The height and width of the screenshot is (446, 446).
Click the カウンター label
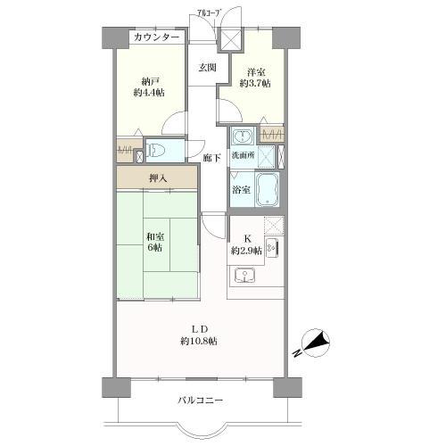[x=157, y=37]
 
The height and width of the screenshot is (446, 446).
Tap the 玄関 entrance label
[x=207, y=68]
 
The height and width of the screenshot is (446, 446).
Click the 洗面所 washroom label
[x=243, y=155]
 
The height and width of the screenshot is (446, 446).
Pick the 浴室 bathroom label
[x=241, y=189]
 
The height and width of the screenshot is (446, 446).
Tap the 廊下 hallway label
[x=212, y=157]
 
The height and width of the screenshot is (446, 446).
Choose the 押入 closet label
[x=156, y=178]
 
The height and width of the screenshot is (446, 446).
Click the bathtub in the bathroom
[x=269, y=188]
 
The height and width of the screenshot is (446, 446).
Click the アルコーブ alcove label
[x=211, y=12]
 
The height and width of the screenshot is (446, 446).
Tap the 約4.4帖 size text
[x=149, y=91]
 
